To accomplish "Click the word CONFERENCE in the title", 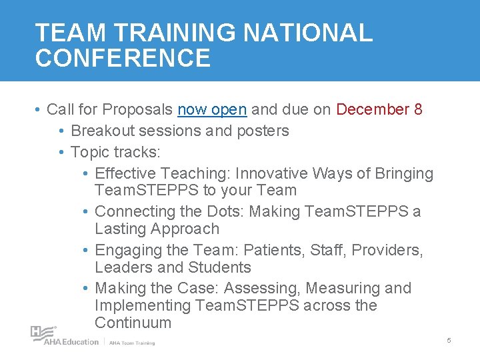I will click(x=123, y=58).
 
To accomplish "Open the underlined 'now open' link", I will click(x=212, y=109).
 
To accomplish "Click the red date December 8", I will click(x=379, y=109).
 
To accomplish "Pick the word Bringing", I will click(x=403, y=173).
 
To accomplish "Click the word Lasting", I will click(x=123, y=229).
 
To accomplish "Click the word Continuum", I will click(x=133, y=323).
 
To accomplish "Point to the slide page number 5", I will click(x=449, y=341).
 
